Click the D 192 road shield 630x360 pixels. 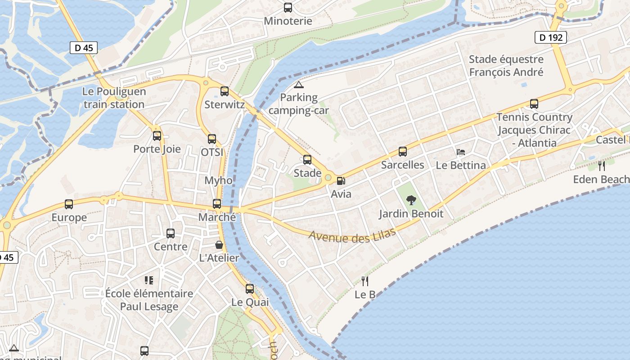[550, 37]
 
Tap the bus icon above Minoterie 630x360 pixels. [288, 8]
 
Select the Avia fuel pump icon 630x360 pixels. [341, 181]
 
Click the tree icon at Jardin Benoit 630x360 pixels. [411, 200]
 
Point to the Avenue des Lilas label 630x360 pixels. [352, 235]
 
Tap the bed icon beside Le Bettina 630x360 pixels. [461, 152]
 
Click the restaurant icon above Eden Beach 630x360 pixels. [602, 166]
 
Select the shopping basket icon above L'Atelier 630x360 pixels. [219, 245]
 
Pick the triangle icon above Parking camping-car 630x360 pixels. [298, 85]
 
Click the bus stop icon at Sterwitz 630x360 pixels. [225, 91]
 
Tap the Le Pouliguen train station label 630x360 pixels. [114, 98]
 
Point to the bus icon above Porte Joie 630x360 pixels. [157, 135]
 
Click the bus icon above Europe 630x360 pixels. [69, 204]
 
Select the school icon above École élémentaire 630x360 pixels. [149, 280]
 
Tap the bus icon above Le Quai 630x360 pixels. [250, 289]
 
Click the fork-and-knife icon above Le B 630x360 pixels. [365, 281]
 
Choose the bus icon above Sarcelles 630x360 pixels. [403, 152]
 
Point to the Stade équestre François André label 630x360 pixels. [506, 66]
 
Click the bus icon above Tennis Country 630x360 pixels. [534, 104]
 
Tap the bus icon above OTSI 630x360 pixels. [212, 139]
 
